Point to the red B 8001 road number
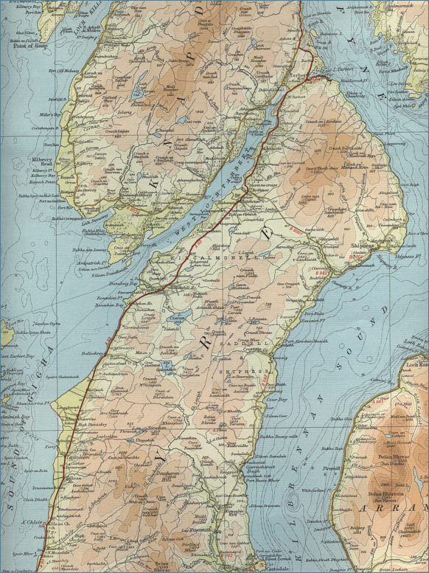(296, 231)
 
